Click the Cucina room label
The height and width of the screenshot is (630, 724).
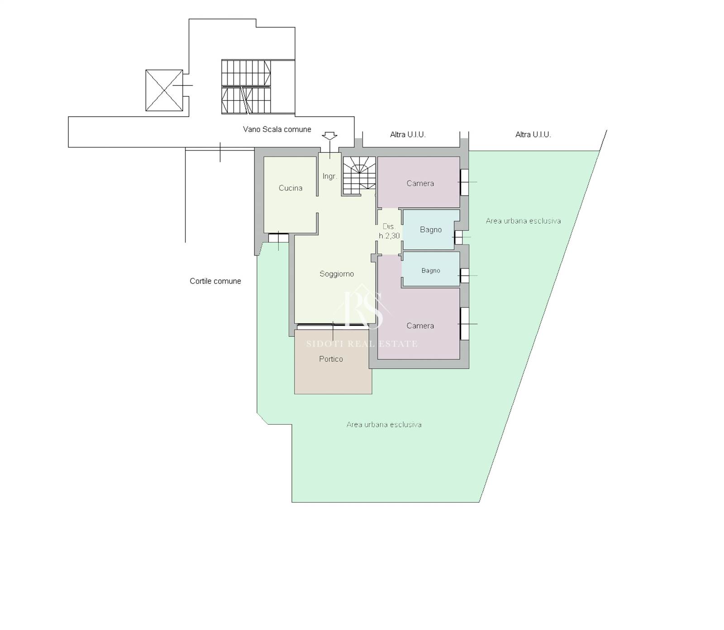coord(291,188)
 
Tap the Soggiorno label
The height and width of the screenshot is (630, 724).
coord(337,274)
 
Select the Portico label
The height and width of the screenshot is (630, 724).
coord(331,359)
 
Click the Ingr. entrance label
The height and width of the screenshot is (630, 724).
coord(330,176)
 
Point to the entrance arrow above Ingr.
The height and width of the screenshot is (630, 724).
coord(329,136)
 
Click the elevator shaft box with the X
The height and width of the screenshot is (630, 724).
coord(164,90)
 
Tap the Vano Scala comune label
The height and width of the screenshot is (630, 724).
coord(277,129)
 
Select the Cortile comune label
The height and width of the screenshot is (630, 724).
coord(215,281)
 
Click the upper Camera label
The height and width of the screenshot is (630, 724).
coord(420,183)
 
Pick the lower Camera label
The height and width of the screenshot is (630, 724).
coord(420,326)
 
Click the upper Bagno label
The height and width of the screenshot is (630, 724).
coord(431,230)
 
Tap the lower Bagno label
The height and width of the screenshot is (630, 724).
coord(431,270)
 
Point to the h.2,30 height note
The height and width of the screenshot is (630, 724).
coord(389,236)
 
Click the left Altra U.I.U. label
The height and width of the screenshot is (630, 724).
coord(408,134)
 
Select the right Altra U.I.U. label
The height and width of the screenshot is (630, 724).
coord(533,134)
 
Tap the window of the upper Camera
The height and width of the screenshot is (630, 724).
coord(464,182)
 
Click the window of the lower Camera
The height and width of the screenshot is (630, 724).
coord(464,324)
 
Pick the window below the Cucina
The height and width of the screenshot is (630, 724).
coord(278,238)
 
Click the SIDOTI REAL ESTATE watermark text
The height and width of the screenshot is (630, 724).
coord(362,344)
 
